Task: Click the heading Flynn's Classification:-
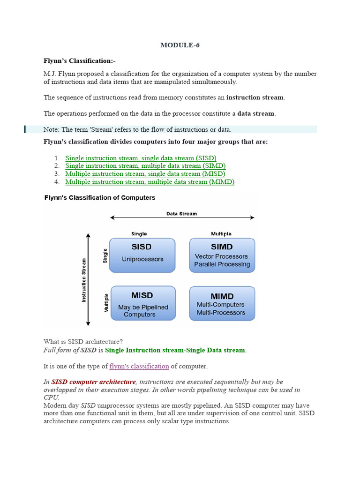[x=79, y=61]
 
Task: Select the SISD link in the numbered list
[x=141, y=158]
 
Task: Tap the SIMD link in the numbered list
[x=145, y=166]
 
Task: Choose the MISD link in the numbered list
[x=145, y=174]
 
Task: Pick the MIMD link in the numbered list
[x=150, y=182]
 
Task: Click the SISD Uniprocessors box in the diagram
[x=142, y=255]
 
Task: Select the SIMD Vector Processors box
[x=222, y=255]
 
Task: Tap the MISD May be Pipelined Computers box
[x=142, y=303]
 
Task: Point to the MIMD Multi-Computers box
[x=222, y=304]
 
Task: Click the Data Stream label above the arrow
[x=181, y=214]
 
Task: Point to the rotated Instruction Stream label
[x=84, y=280]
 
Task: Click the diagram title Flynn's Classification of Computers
[x=99, y=198]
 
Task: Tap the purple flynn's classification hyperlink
[x=139, y=366]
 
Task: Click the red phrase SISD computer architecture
[x=93, y=382]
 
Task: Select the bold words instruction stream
[x=255, y=97]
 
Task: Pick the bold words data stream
[x=256, y=113]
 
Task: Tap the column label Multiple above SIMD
[x=222, y=233]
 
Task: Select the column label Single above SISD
[x=139, y=233]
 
